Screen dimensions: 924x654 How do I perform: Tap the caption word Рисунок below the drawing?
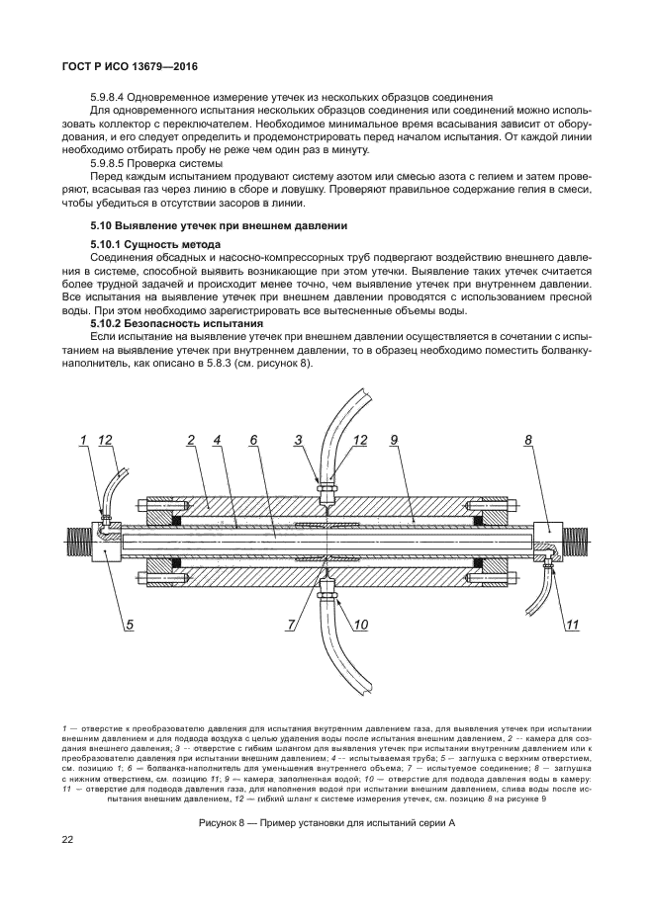221,796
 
